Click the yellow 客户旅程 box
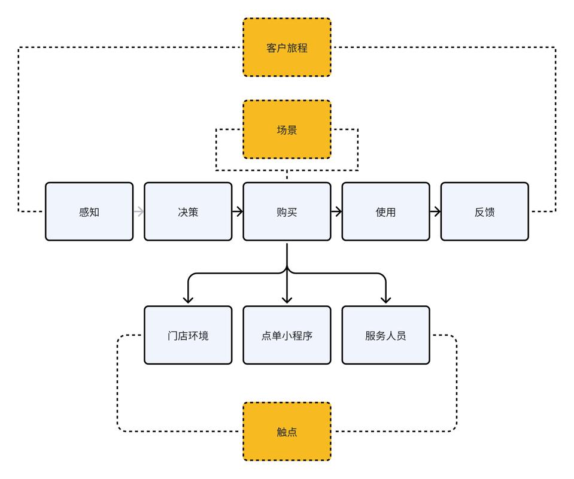point(287,47)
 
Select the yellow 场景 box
point(287,129)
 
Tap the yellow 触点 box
point(287,431)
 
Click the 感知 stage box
point(89,212)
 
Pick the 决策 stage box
point(188,212)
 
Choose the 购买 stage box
point(287,212)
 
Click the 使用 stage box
point(386,212)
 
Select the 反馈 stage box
point(485,212)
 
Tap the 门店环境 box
point(188,335)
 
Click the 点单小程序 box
point(287,335)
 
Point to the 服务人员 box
point(386,335)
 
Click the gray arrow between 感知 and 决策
point(139,212)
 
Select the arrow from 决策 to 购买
point(238,212)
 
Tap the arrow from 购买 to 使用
point(336,212)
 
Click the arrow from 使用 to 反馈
point(435,212)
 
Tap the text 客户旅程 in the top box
point(287,48)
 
